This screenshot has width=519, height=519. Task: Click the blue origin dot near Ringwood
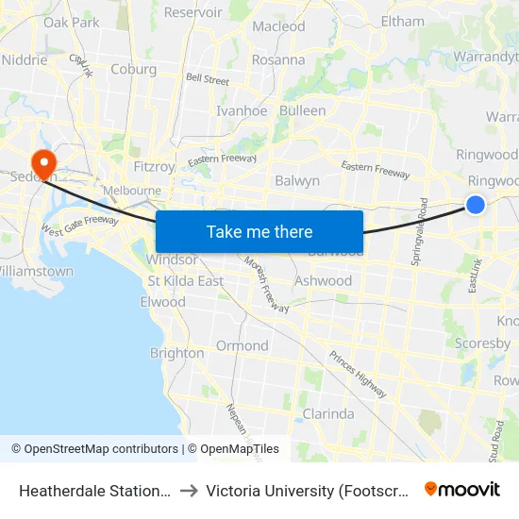[x=476, y=204]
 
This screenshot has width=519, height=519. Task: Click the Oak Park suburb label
[x=71, y=22]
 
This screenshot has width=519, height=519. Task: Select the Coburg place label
[x=133, y=69]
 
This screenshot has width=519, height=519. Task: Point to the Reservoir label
[x=193, y=12]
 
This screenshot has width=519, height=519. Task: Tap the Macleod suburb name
[x=278, y=26]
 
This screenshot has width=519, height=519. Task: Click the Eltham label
[x=402, y=21]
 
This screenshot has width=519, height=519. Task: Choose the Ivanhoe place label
[x=242, y=110]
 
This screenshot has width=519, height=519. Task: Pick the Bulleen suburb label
[x=303, y=110]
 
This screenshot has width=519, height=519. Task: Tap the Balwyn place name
[x=297, y=180]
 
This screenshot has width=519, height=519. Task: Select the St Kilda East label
[x=186, y=280]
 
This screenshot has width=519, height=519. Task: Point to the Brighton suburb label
[x=176, y=353]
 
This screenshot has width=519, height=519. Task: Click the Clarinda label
[x=328, y=413]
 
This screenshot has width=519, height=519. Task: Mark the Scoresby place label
[x=482, y=343]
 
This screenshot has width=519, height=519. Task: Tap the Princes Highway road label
[x=358, y=373]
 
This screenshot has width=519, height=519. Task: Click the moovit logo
[x=462, y=489]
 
